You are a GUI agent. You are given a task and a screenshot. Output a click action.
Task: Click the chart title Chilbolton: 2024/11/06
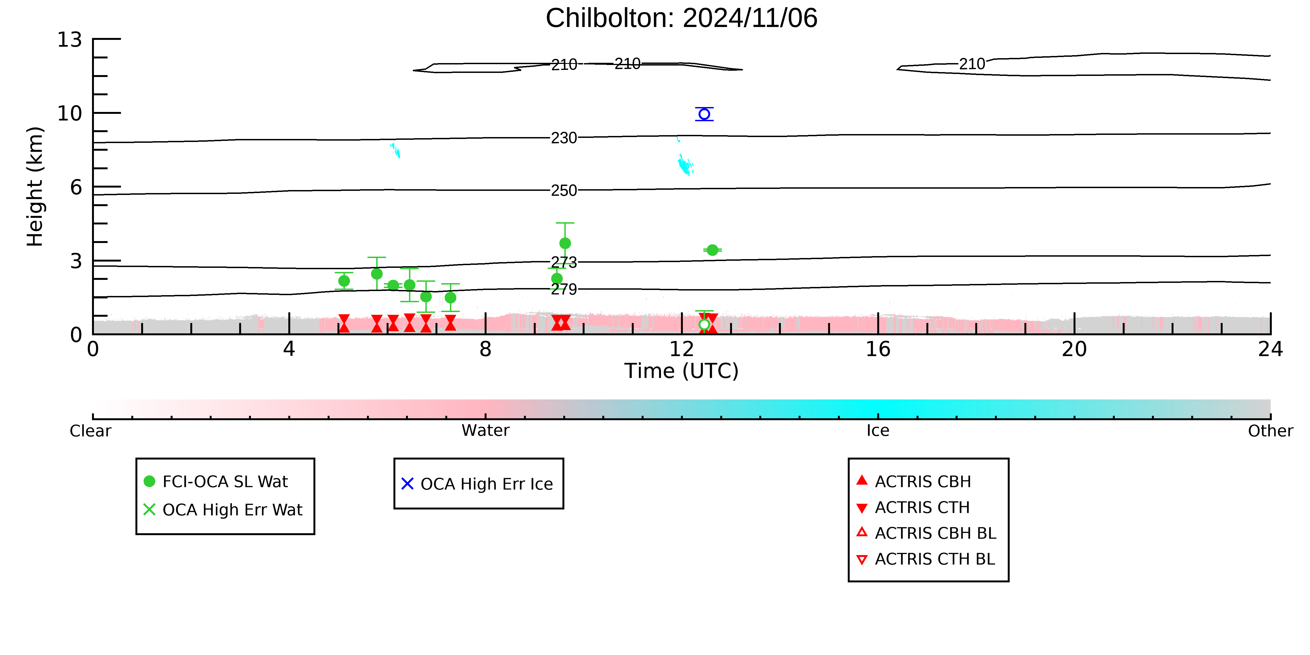coord(681,18)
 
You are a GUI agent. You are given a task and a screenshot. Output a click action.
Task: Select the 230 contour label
coord(564,138)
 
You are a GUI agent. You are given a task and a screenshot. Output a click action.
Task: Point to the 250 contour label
coord(564,191)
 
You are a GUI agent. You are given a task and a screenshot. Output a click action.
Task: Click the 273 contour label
coord(564,262)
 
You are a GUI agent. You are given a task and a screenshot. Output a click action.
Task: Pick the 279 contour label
coord(564,289)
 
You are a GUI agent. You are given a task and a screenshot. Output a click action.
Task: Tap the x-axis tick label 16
coord(878,349)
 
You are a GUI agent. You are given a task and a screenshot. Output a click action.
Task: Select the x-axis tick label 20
coord(1075,349)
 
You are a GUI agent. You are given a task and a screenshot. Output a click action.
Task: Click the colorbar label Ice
coord(878,431)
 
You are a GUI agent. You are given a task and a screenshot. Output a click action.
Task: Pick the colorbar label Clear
coord(91,431)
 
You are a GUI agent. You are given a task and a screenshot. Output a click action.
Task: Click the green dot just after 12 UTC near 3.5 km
coord(712,250)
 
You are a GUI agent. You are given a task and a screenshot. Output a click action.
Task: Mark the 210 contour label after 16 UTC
coord(972,64)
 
